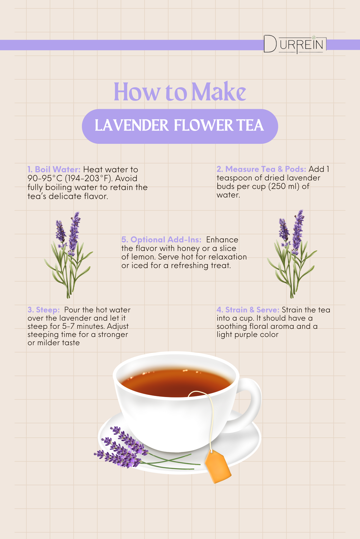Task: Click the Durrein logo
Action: click(x=295, y=44)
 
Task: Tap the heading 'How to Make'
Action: click(x=180, y=92)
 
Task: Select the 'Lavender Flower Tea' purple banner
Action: click(x=180, y=126)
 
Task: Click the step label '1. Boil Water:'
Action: click(x=54, y=170)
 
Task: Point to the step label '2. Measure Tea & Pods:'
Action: click(x=261, y=169)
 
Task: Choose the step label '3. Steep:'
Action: click(x=44, y=310)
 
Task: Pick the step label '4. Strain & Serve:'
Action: click(x=248, y=310)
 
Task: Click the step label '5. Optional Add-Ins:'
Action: click(x=161, y=240)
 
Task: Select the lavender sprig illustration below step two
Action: click(x=292, y=254)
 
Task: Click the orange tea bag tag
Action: click(x=218, y=467)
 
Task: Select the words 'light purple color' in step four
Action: click(x=247, y=334)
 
